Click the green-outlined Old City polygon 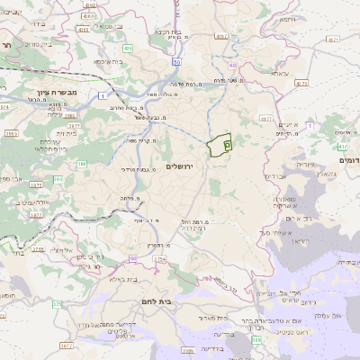coord(220,145)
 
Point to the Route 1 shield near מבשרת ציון coord(104,95)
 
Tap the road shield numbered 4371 coord(331,39)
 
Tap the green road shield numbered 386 coord(81,164)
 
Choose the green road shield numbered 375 coord(58,304)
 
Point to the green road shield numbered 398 coord(257,339)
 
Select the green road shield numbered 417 coord(340,145)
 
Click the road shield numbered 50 coord(178,61)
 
